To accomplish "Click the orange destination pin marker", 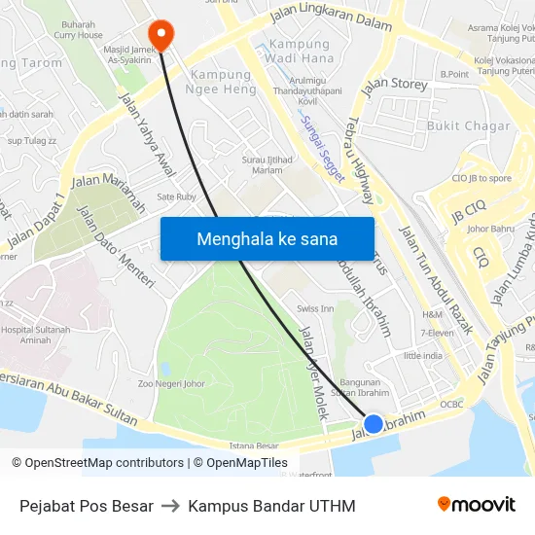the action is click(161, 34).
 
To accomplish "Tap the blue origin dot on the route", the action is click(374, 423).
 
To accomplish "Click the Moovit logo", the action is click(476, 505).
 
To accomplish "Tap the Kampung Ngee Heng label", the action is click(223, 82).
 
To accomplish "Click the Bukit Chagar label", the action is click(468, 125).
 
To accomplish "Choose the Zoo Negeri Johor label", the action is click(171, 383).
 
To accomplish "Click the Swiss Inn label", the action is click(315, 308).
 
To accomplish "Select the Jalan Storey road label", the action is click(395, 87).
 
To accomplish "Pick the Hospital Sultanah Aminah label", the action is click(36, 336).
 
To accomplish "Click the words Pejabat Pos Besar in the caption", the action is click(87, 506).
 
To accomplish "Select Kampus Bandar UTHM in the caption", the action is click(271, 506).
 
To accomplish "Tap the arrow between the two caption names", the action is click(170, 506).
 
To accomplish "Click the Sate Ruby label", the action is click(176, 196).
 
